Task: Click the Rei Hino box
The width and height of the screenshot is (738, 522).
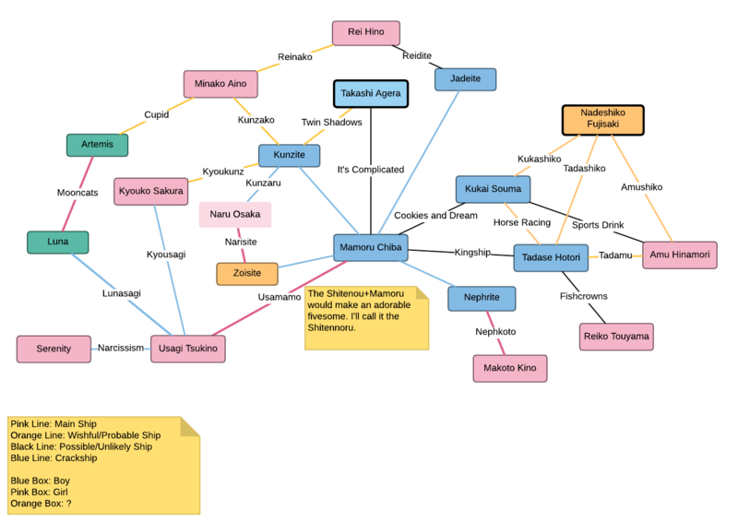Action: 366,32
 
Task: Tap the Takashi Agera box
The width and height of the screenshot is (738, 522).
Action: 370,94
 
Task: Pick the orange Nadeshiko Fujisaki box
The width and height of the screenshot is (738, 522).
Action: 602,120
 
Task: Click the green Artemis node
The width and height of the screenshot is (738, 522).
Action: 97,145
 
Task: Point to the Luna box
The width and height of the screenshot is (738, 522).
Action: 57,242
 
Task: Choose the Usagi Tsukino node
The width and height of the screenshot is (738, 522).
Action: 188,349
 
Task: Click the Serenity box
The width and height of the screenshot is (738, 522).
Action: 54,349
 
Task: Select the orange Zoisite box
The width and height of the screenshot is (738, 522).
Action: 246,274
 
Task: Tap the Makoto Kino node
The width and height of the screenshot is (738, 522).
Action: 510,369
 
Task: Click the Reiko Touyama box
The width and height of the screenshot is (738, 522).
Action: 616,337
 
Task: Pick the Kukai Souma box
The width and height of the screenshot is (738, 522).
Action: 493,189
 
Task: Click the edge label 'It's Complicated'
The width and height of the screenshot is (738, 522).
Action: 371,170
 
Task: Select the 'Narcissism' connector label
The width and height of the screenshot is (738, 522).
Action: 122,349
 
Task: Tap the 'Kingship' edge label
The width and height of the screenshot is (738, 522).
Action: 472,253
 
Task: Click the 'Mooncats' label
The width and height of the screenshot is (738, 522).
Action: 77,194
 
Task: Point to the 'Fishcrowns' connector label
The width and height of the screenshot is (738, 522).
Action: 584,296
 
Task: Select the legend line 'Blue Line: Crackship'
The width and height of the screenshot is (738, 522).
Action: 53,457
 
